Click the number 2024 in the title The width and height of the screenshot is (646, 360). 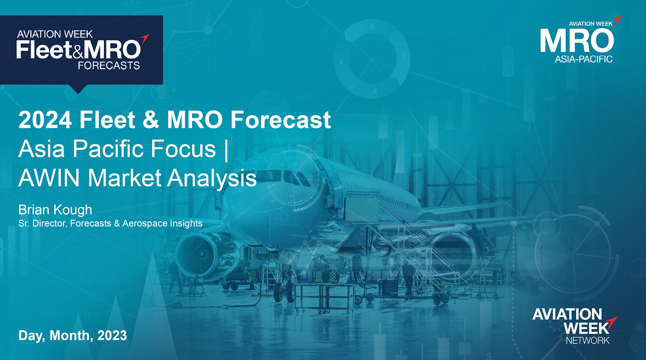(45, 120)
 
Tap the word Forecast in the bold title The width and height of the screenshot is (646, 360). (281, 120)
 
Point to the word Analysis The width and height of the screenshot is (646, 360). (212, 179)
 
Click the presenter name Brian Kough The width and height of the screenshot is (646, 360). (55, 210)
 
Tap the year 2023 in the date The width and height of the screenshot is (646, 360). (112, 335)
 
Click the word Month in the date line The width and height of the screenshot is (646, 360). (70, 336)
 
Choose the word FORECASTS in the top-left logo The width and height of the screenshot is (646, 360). (109, 65)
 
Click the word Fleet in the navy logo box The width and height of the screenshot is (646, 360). (44, 49)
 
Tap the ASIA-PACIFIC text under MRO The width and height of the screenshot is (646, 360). (584, 59)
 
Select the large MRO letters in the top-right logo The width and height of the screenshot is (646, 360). (577, 41)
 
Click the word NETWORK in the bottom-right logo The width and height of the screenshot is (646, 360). (588, 340)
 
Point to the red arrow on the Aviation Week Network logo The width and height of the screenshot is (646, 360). (613, 324)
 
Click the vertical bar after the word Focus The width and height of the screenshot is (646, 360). (227, 149)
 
